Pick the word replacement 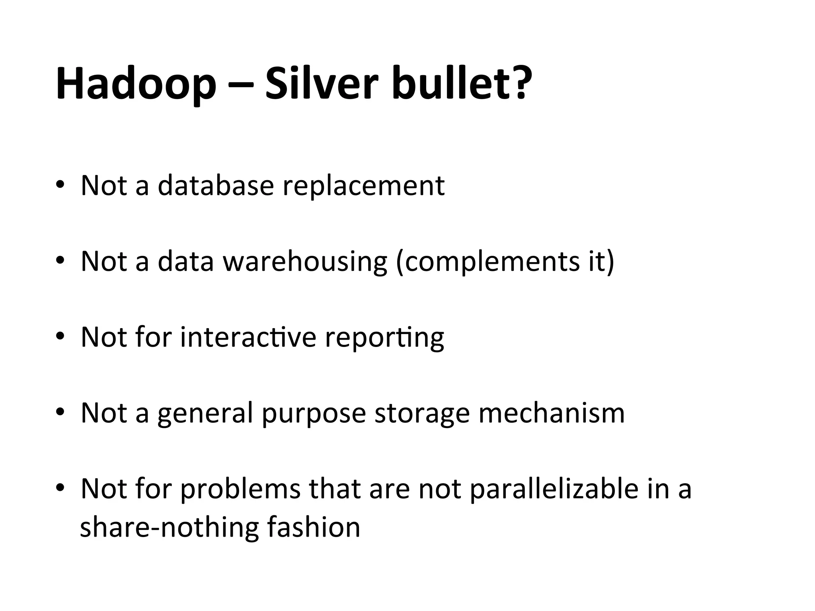pos(363,186)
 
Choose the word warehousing pos(305,262)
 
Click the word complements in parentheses pos(487,262)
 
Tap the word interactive pos(248,337)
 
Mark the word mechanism pos(552,413)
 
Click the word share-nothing pos(169,527)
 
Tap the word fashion pos(314,527)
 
